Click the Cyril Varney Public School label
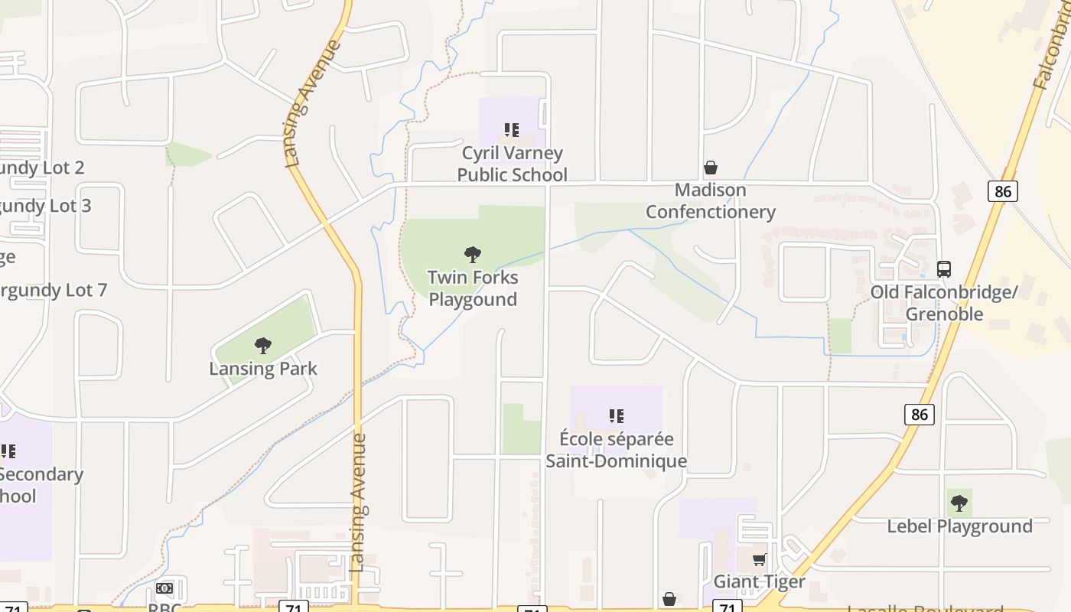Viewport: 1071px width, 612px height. [x=512, y=164]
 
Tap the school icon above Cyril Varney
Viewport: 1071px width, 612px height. [x=512, y=130]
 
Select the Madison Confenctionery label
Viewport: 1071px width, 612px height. [x=711, y=200]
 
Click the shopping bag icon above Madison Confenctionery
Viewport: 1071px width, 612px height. [x=711, y=168]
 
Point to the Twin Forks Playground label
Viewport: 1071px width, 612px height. [x=473, y=288]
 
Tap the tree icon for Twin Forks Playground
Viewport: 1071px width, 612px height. [x=473, y=254]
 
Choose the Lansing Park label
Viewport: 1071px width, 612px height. [x=263, y=369]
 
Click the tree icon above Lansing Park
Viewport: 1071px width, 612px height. [x=263, y=346]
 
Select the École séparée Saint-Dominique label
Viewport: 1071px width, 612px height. [x=616, y=450]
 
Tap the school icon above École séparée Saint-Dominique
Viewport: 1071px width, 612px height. [x=616, y=416]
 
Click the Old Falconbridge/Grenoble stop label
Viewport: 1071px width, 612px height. [x=944, y=303]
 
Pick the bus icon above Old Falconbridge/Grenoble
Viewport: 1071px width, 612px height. [x=944, y=269]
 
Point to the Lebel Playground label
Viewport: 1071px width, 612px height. [x=959, y=526]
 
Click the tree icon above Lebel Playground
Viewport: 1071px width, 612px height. [x=959, y=503]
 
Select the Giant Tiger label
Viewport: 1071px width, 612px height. [x=759, y=581]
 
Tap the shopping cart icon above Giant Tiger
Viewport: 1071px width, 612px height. [x=759, y=560]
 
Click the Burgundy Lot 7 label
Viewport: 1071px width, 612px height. [x=52, y=291]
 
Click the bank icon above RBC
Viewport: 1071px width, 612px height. [x=164, y=588]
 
